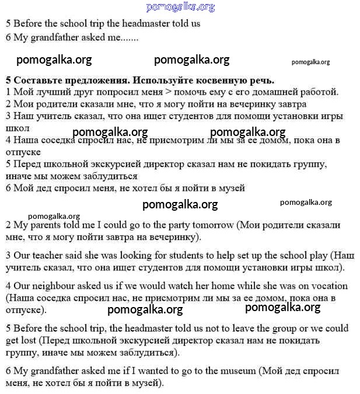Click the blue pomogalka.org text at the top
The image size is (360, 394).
(x=180, y=7)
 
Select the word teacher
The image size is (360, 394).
(x=47, y=256)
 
